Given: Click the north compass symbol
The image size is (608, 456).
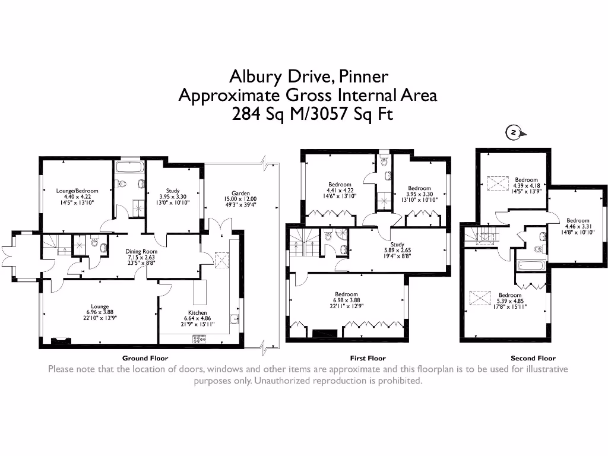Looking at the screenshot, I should point(514,132).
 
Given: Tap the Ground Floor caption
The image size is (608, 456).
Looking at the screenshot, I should point(145,358).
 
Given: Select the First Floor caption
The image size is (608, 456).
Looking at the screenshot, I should point(368,358).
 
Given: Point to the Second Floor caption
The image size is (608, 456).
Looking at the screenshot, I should point(533,358).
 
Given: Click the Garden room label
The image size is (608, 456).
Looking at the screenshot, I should point(240,193).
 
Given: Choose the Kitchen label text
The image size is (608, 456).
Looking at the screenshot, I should point(198,312).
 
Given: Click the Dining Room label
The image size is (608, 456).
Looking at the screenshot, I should point(141,251).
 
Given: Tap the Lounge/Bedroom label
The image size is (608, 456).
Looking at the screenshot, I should point(77,191).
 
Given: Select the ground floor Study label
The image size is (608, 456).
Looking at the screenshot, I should point(173,191).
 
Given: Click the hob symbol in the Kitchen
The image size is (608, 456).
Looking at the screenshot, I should point(198,339).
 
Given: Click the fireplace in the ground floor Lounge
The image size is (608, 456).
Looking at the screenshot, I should point(60,341).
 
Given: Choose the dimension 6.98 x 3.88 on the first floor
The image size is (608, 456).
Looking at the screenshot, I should point(346,301).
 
